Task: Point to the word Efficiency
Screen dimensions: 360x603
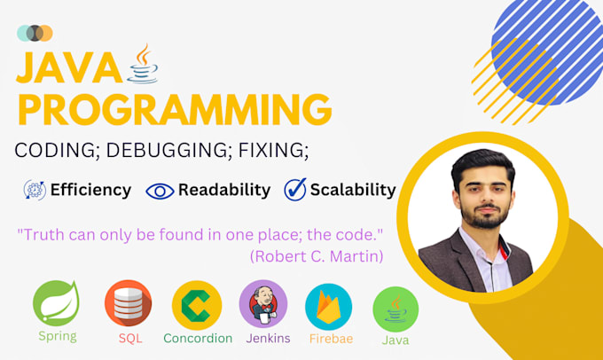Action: pyautogui.click(x=90, y=190)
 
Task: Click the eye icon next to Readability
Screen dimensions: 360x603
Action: pyautogui.click(x=160, y=190)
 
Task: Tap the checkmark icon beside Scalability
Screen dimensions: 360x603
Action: pyautogui.click(x=294, y=190)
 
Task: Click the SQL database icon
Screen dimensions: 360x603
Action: pyautogui.click(x=127, y=303)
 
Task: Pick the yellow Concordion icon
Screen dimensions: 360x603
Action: pyautogui.click(x=197, y=305)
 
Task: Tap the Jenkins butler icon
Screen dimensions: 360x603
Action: pyautogui.click(x=263, y=303)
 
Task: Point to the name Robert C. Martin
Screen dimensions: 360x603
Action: pyautogui.click(x=316, y=255)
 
